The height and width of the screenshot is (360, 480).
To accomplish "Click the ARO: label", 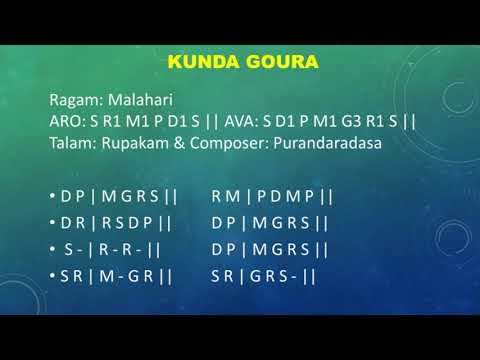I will tap(66, 121).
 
